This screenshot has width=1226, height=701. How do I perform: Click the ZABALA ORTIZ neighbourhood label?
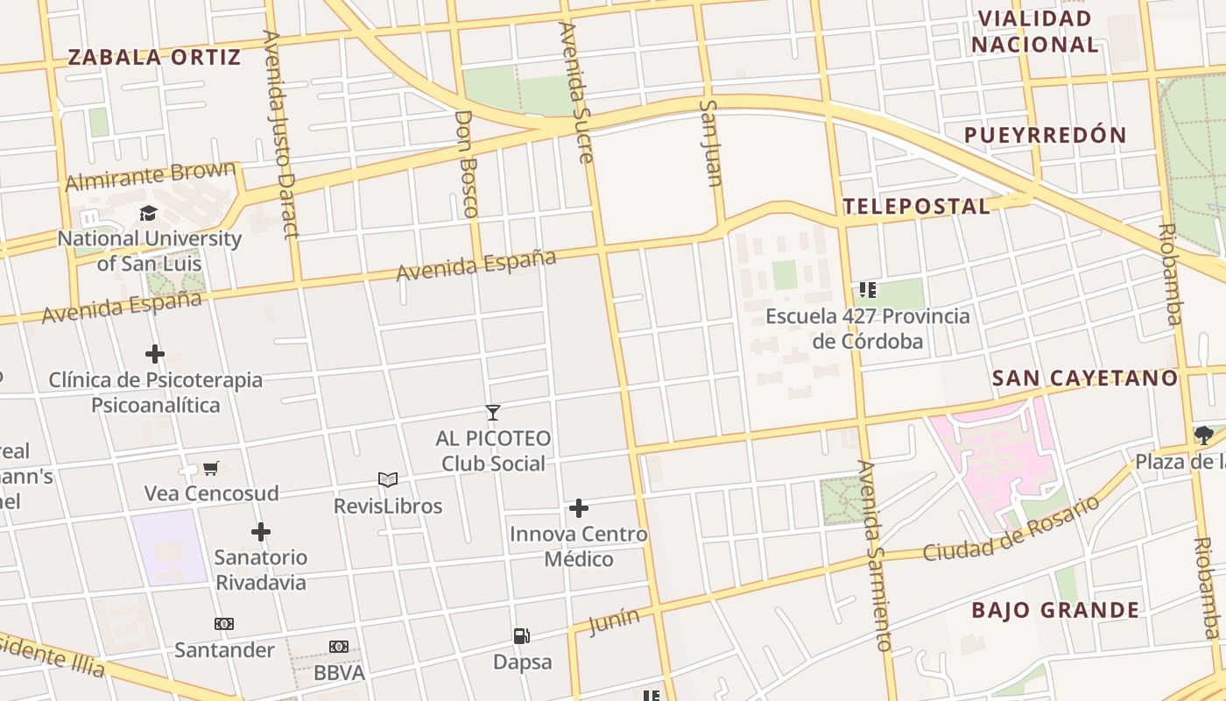point(154,58)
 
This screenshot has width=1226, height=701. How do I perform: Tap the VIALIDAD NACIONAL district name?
point(1035,32)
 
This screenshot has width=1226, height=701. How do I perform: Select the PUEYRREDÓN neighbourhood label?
point(1045,135)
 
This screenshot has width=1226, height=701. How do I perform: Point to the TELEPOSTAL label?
point(916,207)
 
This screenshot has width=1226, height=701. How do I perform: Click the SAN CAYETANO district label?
point(1085,379)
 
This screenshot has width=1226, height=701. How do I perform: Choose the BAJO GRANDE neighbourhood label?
point(1055,611)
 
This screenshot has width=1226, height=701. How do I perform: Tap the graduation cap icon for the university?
point(149,214)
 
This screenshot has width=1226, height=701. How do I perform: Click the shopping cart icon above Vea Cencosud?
point(210,469)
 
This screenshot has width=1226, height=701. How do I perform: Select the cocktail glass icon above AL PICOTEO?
point(493,413)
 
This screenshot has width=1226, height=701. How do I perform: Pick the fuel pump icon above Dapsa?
point(521,636)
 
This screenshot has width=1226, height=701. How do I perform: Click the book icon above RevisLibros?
point(388,479)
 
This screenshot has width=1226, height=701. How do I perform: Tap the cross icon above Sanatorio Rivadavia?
point(261,532)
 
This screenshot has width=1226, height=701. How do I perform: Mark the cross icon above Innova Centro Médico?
point(578,508)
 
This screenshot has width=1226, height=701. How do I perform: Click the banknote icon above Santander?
point(224,624)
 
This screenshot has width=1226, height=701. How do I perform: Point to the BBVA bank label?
point(339,673)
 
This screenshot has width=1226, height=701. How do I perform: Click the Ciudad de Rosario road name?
point(1011,530)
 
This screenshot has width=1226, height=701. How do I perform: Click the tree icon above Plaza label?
point(1203,435)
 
